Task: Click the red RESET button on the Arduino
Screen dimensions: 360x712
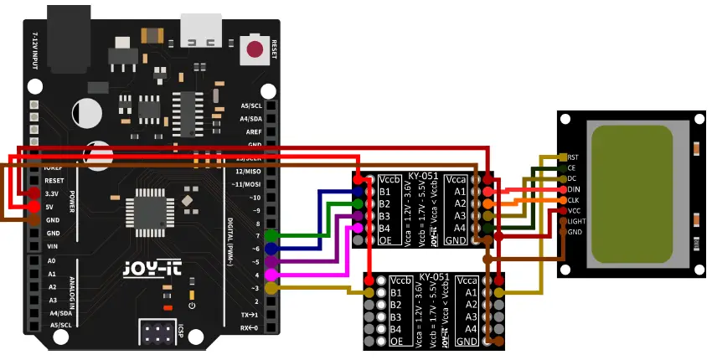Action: (255, 49)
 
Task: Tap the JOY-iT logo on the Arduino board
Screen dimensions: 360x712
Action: (144, 270)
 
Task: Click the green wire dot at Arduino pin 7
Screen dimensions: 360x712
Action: (271, 236)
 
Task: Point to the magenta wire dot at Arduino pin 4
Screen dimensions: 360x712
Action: (271, 275)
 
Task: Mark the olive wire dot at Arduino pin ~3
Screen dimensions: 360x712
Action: (271, 288)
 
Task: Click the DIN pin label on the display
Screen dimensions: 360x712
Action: (574, 190)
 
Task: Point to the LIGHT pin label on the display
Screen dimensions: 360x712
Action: (576, 221)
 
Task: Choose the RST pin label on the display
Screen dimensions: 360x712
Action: (573, 157)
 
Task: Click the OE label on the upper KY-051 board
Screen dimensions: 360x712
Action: (385, 240)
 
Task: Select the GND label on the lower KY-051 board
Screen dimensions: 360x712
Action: (467, 342)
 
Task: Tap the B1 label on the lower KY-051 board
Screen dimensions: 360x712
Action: (395, 293)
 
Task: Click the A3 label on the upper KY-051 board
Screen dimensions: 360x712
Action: (460, 215)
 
